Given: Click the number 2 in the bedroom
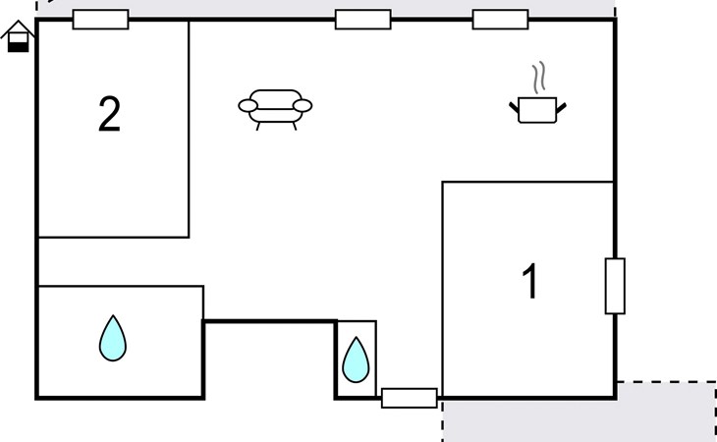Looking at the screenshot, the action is click(109, 114).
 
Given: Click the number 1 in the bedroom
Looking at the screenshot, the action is click(530, 281).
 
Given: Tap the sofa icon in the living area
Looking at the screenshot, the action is click(275, 110).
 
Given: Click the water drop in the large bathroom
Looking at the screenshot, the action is click(113, 338).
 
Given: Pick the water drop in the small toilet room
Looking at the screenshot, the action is click(356, 359).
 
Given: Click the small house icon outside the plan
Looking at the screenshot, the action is click(18, 36).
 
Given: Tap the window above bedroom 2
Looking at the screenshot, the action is click(100, 20).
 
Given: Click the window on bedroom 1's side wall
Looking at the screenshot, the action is click(615, 286).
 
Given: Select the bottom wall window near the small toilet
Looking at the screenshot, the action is click(410, 398).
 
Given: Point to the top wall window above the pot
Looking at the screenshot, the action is click(500, 20).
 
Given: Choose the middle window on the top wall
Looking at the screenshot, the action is click(363, 20).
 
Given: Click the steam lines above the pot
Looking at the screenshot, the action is click(539, 78).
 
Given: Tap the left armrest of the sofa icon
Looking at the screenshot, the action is click(248, 106).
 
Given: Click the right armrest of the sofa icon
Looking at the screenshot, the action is click(303, 106).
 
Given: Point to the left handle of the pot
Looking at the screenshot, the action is click(514, 108).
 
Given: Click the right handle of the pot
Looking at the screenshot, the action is click(562, 108).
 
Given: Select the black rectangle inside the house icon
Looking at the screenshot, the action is click(19, 46).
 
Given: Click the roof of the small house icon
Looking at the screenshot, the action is click(18, 28).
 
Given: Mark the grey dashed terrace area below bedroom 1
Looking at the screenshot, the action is click(579, 413).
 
